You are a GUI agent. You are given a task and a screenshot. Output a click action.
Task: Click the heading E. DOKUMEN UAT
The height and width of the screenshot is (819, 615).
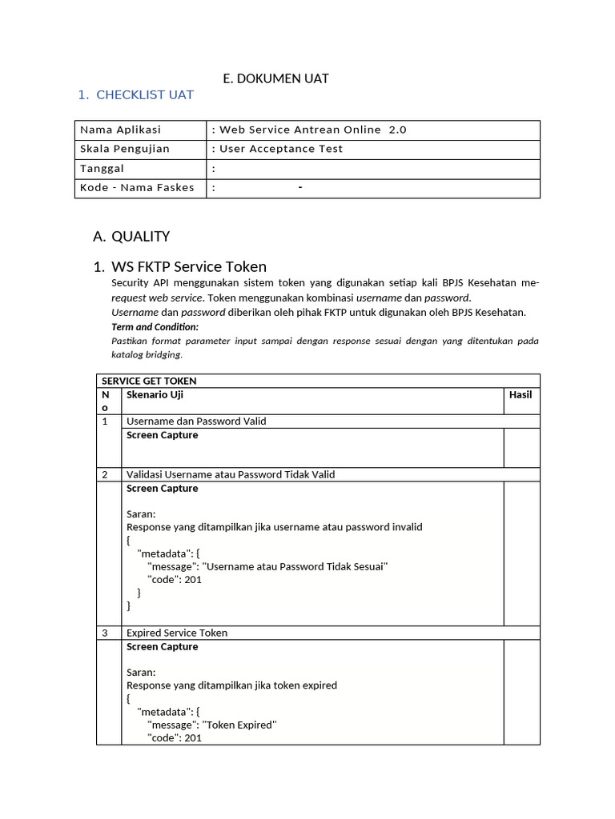click(275, 78)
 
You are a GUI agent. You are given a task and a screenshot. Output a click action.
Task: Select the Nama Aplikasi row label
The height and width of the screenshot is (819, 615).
click(121, 130)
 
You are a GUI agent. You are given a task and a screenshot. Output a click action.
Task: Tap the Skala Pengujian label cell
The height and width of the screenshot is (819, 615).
click(125, 149)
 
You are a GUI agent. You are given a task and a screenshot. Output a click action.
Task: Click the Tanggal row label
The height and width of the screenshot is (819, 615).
click(102, 169)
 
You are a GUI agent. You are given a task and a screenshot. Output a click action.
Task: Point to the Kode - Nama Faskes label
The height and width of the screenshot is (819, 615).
click(137, 188)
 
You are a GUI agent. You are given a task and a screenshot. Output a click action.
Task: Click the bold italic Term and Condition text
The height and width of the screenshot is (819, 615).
click(155, 327)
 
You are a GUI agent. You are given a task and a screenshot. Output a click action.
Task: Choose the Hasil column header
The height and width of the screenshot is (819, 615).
click(521, 394)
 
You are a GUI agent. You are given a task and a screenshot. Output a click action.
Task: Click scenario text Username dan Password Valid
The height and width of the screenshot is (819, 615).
click(196, 421)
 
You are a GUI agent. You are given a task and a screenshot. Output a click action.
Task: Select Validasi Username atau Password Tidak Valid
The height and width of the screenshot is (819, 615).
click(231, 474)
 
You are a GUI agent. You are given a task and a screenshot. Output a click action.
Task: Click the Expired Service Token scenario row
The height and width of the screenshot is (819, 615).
click(177, 633)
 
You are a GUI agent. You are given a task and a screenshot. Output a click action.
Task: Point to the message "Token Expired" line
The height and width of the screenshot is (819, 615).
click(211, 725)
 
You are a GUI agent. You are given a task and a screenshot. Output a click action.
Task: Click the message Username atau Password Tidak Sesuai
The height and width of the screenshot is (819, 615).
click(267, 566)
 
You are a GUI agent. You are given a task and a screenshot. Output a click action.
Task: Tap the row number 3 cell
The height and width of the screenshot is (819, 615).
click(105, 633)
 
